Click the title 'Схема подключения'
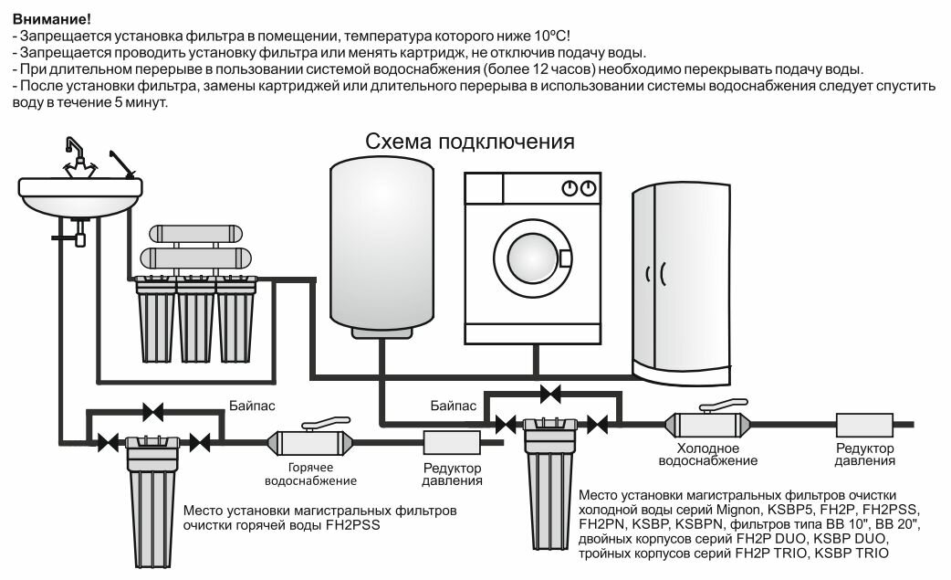pyautogui.click(x=470, y=142)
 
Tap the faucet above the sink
pyautogui.click(x=79, y=157)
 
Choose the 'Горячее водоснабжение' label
pyautogui.click(x=310, y=474)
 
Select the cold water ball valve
pyautogui.click(x=709, y=423)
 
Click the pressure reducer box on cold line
pyautogui.click(x=864, y=425)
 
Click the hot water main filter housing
pyautogui.click(x=152, y=498)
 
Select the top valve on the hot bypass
pyautogui.click(x=153, y=413)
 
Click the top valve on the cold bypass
pyautogui.click(x=550, y=394)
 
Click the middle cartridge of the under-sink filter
pyautogui.click(x=195, y=320)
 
